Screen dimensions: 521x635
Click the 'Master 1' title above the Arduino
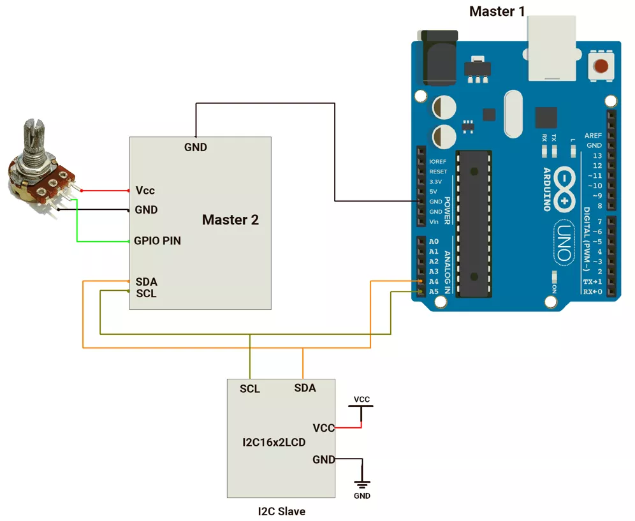click(497, 11)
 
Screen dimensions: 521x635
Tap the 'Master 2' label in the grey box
click(230, 220)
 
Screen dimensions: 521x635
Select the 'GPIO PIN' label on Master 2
click(157, 241)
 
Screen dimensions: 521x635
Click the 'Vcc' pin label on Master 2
click(145, 191)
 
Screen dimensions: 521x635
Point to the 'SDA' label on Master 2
click(146, 282)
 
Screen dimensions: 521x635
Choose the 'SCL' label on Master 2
click(146, 293)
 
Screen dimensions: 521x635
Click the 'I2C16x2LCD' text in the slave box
click(274, 442)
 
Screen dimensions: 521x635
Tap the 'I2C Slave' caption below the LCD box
click(281, 511)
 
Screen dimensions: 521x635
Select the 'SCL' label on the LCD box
click(250, 388)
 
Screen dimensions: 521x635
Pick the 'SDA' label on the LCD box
click(305, 388)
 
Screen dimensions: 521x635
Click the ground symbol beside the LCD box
click(361, 484)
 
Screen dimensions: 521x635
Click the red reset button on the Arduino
click(601, 65)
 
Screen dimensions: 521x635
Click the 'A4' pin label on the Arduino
click(434, 281)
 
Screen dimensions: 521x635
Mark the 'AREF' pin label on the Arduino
click(593, 136)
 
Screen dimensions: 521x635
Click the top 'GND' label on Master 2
click(196, 147)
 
